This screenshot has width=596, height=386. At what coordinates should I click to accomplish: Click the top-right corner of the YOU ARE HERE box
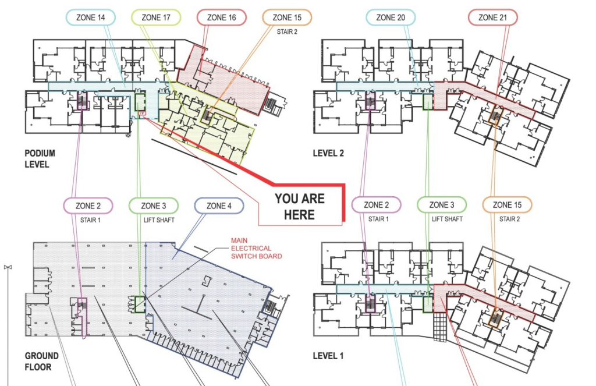pyautogui.click(x=345, y=185)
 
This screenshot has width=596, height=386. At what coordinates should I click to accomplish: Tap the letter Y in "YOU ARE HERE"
pyautogui.click(x=279, y=199)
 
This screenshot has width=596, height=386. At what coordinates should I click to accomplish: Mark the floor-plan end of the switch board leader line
pyautogui.click(x=136, y=307)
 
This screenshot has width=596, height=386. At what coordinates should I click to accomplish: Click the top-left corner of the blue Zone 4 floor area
pyautogui.click(x=146, y=242)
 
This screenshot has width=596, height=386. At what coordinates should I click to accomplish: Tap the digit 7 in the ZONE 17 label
pyautogui.click(x=168, y=17)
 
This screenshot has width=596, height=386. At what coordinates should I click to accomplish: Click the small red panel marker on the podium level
pyautogui.click(x=142, y=113)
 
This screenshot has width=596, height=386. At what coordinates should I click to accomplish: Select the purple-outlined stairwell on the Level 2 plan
pyautogui.click(x=370, y=101)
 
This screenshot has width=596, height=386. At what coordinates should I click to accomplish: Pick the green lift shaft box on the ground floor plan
pyautogui.click(x=140, y=304)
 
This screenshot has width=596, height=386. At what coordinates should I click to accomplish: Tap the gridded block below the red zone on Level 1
pyautogui.click(x=440, y=327)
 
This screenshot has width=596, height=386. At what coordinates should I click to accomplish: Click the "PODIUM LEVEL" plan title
pyautogui.click(x=40, y=158)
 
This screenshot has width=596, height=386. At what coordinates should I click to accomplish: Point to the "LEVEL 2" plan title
pyautogui.click(x=328, y=153)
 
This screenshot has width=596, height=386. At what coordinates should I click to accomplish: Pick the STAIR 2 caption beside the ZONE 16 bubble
pyautogui.click(x=287, y=32)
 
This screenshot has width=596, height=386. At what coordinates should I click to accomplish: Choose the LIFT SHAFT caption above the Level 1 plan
pyautogui.click(x=447, y=219)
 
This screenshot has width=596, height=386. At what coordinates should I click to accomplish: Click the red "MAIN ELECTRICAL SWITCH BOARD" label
pyautogui.click(x=257, y=249)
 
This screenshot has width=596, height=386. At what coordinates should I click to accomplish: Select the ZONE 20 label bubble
pyautogui.click(x=391, y=17)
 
